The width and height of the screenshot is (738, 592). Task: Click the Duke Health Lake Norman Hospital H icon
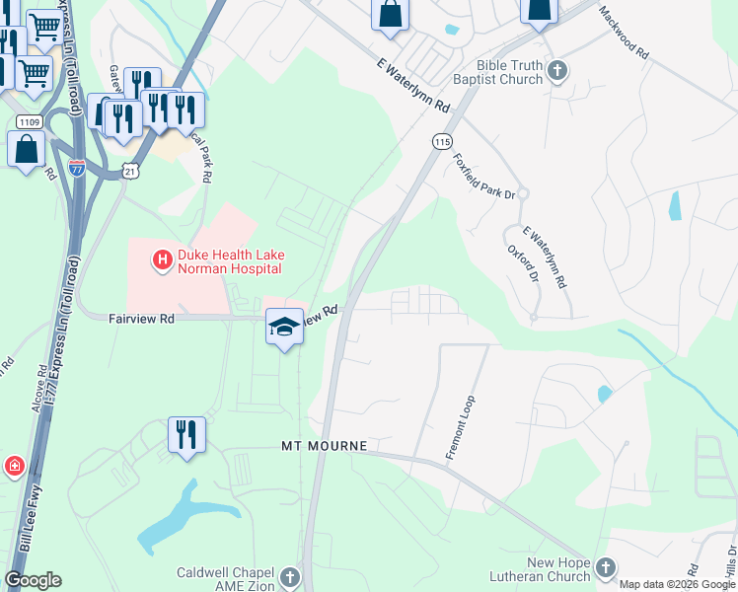pos(160,260)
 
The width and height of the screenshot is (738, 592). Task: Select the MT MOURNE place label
pos(322,446)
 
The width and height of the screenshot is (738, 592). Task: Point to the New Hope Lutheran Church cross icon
pos(606,567)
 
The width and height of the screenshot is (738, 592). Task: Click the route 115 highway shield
pos(441,142)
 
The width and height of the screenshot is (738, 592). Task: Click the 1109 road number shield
pos(28,121)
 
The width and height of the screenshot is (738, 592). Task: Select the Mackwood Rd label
pos(625,32)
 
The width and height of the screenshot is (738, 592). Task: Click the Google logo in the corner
pos(33,579)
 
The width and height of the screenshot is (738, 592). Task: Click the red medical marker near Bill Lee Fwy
pos(14,466)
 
